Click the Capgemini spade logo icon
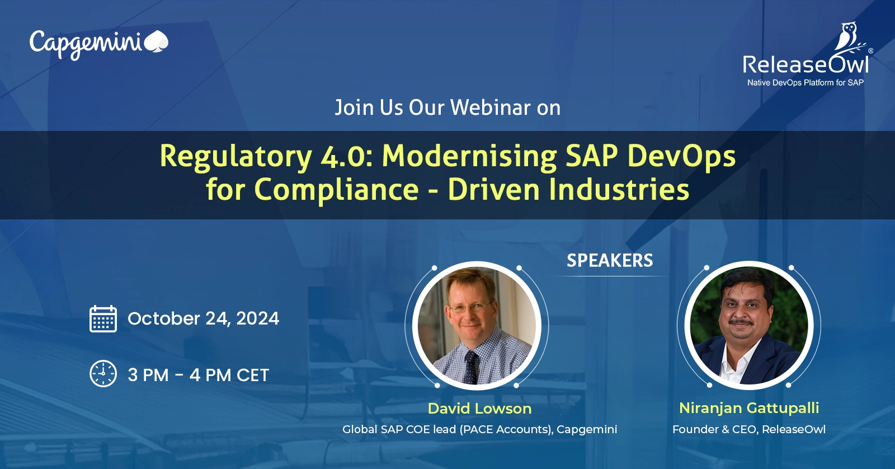(x=156, y=41)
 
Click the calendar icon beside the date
(x=103, y=318)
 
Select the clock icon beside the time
(x=103, y=374)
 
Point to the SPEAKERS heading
(x=610, y=261)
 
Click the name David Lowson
(x=479, y=409)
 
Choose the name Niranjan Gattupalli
(x=749, y=408)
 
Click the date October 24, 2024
(x=204, y=318)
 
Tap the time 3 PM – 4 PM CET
(x=198, y=375)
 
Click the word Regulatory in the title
(x=235, y=157)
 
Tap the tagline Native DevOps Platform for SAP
(x=805, y=83)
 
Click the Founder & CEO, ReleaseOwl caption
(x=749, y=429)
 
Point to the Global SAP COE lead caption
(x=479, y=429)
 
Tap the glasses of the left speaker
(x=470, y=308)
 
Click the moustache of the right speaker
(x=741, y=322)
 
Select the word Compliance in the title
(x=336, y=190)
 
